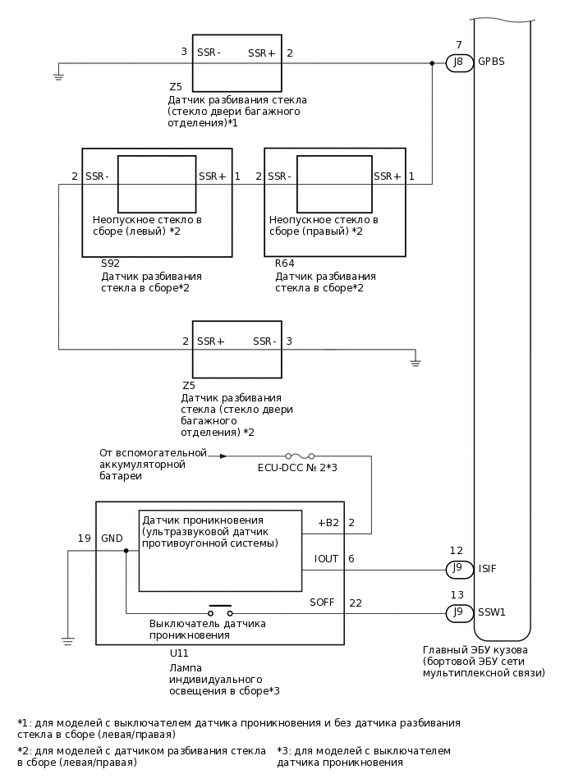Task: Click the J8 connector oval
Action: click(459, 62)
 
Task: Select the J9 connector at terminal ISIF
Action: click(459, 568)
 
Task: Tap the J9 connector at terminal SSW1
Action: click(459, 612)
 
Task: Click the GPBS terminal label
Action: click(491, 62)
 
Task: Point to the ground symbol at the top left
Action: click(59, 76)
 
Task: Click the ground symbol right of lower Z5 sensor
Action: click(416, 360)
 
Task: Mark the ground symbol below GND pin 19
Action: click(67, 640)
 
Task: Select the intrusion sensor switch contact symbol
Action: click(219, 612)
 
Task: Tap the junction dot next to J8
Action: click(432, 62)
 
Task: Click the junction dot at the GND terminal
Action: click(126, 551)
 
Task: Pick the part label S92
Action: click(110, 264)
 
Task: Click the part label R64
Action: click(285, 264)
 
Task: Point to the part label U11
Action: click(179, 653)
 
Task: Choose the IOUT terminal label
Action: click(326, 559)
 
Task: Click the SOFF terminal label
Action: click(322, 603)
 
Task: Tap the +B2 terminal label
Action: click(328, 523)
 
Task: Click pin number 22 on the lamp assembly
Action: click(355, 603)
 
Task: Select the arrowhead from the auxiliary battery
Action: click(223, 456)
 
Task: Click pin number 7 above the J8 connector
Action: click(458, 44)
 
